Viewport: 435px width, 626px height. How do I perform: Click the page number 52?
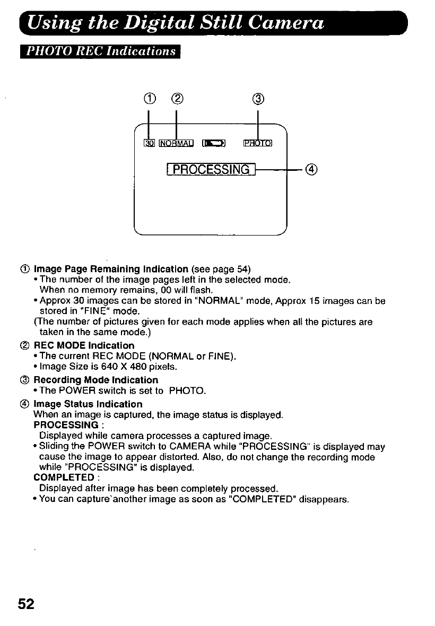pyautogui.click(x=26, y=604)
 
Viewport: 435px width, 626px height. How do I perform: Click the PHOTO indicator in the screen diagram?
pyautogui.click(x=257, y=143)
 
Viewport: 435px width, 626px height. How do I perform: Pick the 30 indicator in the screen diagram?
pyautogui.click(x=149, y=143)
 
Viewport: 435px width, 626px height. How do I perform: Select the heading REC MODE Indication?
pyautogui.click(x=84, y=345)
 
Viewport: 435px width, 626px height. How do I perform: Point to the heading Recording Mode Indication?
pyautogui.click(x=95, y=380)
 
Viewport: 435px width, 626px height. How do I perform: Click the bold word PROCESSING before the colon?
pyautogui.click(x=65, y=425)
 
